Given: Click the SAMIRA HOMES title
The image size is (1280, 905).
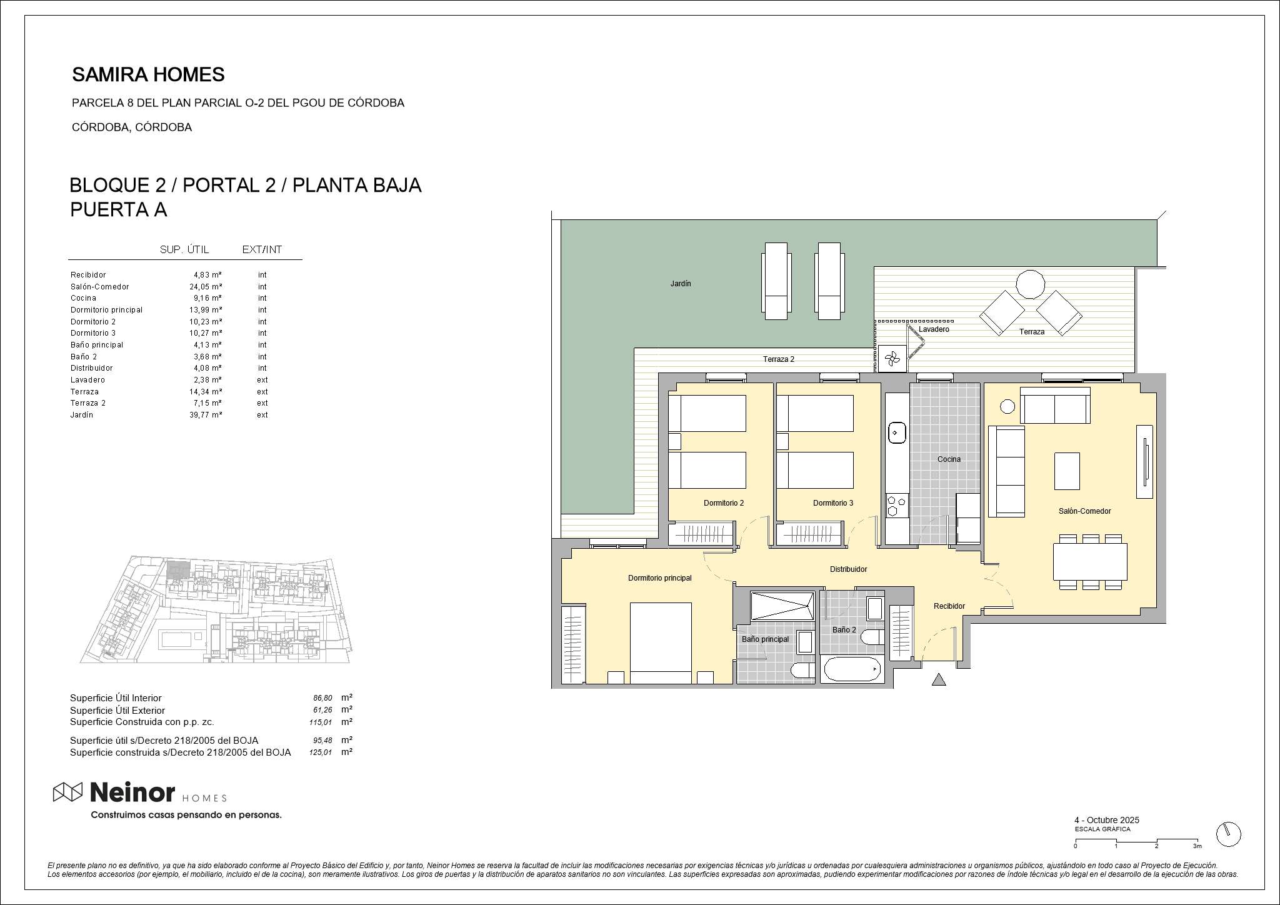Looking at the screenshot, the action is point(148,74).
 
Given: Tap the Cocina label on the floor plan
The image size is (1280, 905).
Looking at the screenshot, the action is point(949,459).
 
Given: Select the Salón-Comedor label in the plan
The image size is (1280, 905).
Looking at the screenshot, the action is point(1084,511).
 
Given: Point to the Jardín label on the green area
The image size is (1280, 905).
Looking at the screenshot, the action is point(681,284).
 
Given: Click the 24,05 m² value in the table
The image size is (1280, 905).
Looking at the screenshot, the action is point(206,287).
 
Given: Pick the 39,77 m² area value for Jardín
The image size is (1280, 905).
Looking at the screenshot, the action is point(206,415).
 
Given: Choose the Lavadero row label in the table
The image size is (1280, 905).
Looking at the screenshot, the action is point(87,380).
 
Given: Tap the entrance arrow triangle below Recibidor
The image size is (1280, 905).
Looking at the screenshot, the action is point(938,679).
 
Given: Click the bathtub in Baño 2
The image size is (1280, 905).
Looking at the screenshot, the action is point(852,669).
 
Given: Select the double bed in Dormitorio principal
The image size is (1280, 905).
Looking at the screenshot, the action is point(661,643).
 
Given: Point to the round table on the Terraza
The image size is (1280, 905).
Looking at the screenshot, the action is point(1030,284).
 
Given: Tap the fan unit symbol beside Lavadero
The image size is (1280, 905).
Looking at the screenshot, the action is point(892,359).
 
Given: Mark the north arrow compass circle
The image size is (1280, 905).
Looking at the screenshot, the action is point(1228,834).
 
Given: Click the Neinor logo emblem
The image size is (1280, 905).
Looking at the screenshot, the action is point(67,792).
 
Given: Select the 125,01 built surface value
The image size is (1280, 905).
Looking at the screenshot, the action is point(321,752).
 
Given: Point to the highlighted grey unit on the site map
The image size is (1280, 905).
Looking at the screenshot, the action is point(179,569).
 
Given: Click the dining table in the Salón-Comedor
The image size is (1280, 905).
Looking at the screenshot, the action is point(1091,562).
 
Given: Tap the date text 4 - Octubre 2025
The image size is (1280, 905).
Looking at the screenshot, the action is point(1107,820).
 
